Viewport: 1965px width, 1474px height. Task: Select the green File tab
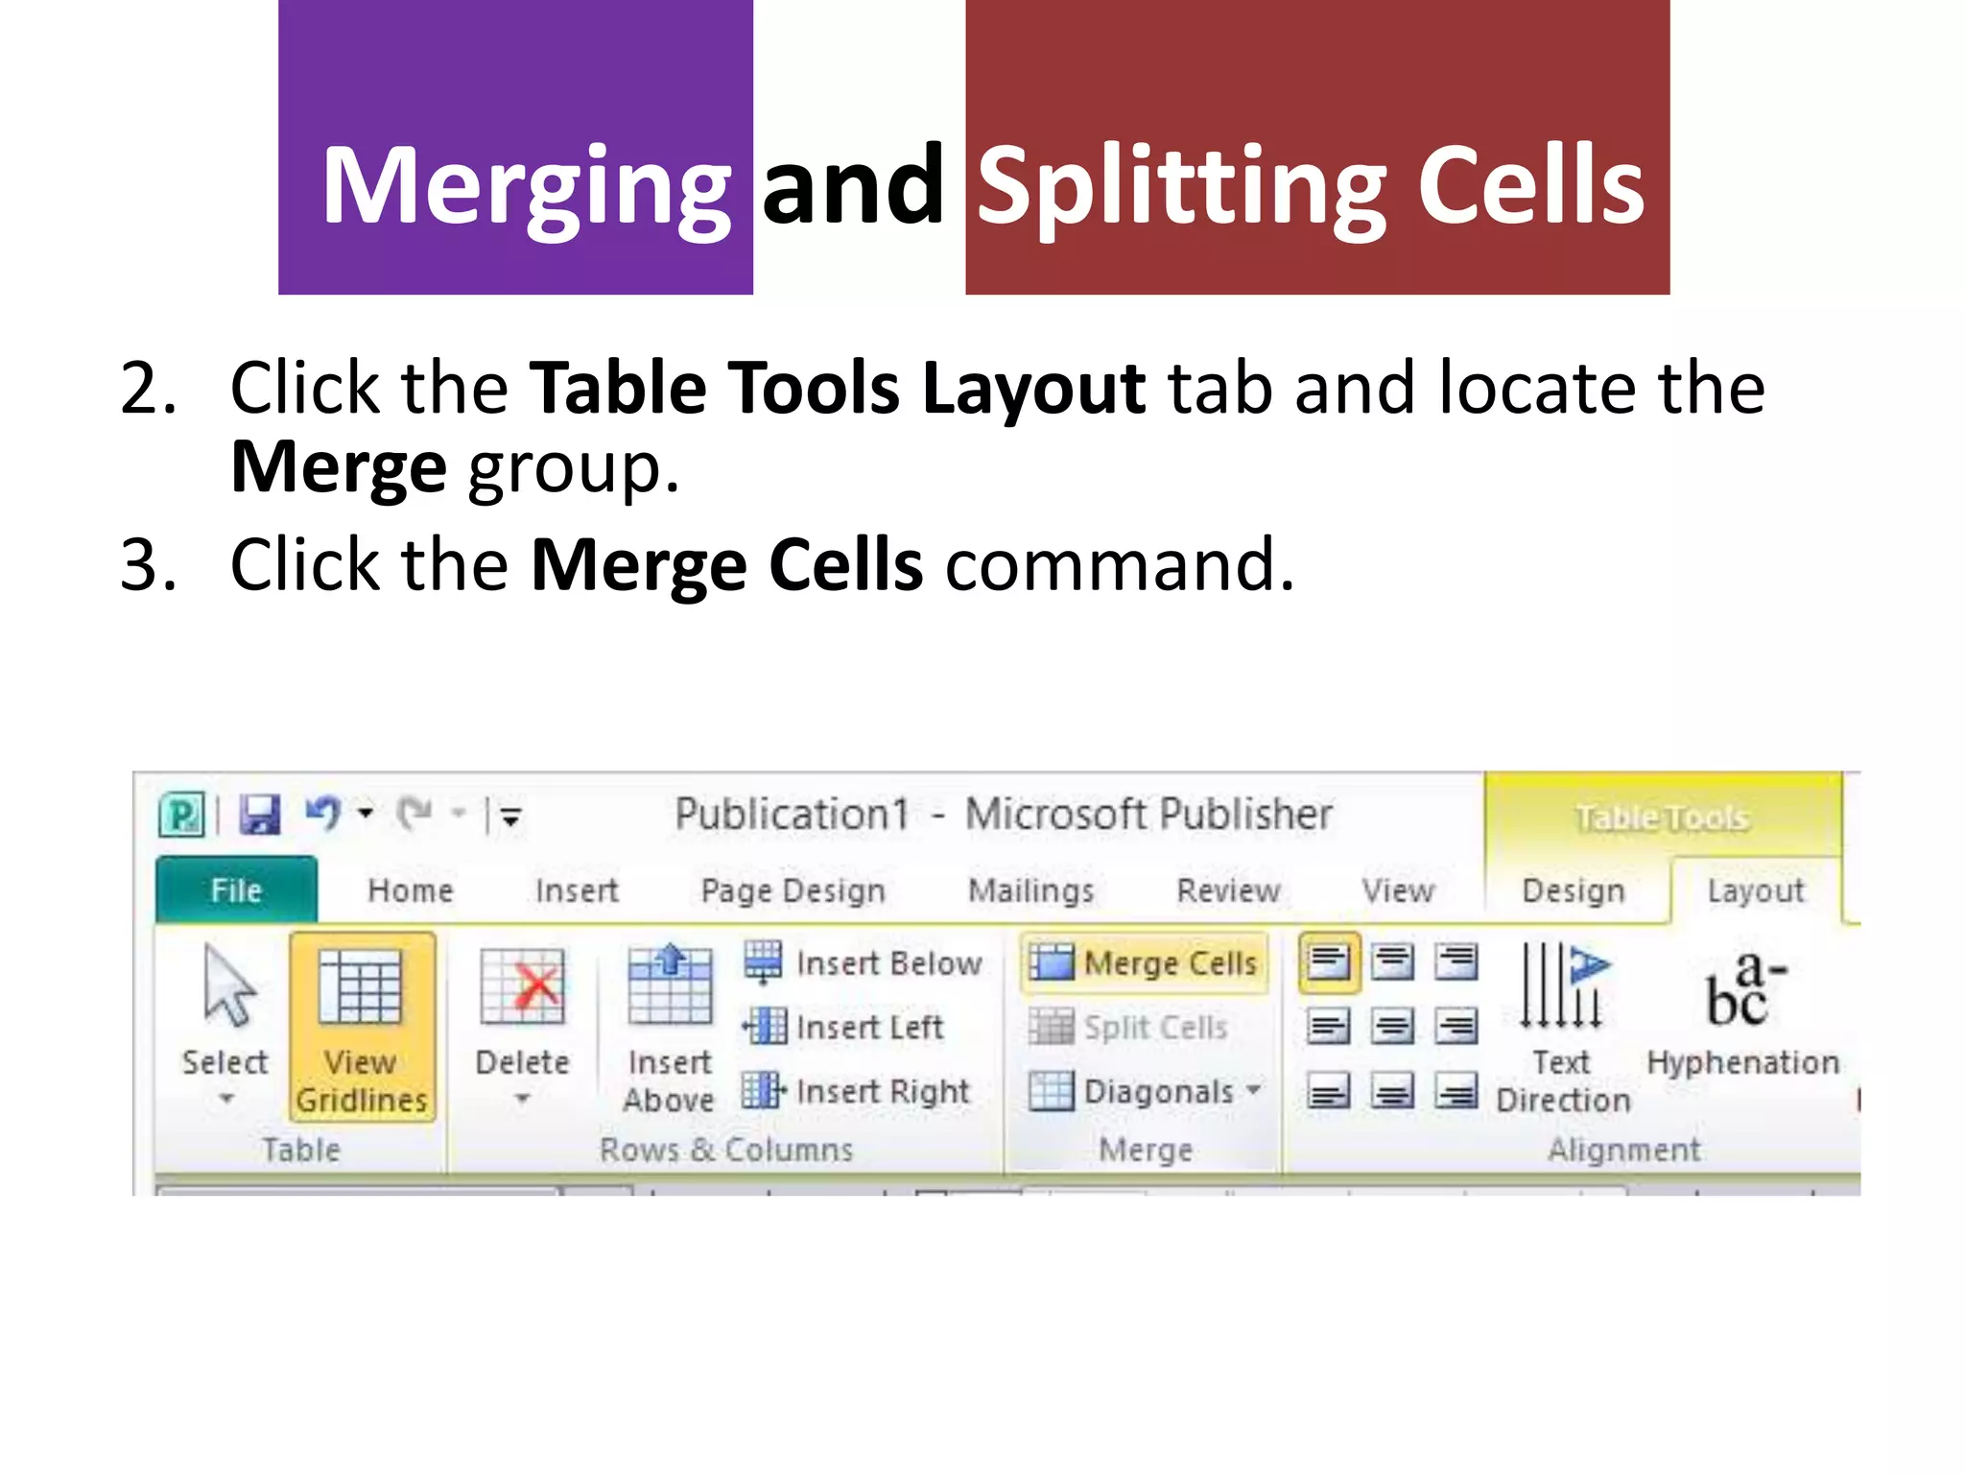click(236, 891)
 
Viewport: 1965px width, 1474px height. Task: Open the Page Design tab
click(793, 891)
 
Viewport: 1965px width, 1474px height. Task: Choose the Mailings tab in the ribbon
click(1030, 891)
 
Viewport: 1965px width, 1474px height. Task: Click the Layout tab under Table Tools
click(1755, 891)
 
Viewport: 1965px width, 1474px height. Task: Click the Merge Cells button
click(1144, 963)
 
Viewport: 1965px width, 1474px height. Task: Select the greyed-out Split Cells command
click(1129, 1027)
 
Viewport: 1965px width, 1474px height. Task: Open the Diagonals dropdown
click(1146, 1091)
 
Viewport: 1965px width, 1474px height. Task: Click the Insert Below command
click(864, 963)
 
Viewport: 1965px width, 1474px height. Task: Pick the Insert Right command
click(857, 1091)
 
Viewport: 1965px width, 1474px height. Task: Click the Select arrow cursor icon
click(227, 987)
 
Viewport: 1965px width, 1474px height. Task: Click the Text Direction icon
click(1561, 987)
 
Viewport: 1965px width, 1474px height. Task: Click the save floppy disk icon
click(259, 816)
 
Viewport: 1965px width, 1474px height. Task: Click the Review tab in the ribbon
click(1228, 891)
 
